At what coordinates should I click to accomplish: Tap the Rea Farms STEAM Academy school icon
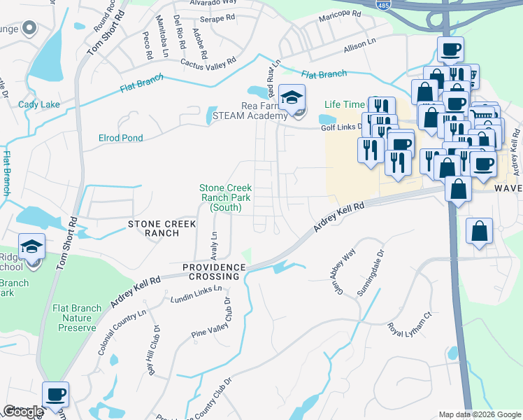(292, 99)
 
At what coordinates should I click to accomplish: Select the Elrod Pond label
(120, 138)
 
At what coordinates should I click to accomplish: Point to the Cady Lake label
(39, 105)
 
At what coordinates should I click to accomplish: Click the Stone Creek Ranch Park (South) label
(225, 197)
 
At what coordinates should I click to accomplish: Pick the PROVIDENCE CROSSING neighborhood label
(214, 272)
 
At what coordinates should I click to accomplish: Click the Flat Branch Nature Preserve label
(73, 317)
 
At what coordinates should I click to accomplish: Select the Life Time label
(344, 104)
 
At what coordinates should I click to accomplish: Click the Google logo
(22, 412)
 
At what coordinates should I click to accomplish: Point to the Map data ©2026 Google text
(479, 414)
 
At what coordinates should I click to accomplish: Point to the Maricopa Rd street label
(339, 15)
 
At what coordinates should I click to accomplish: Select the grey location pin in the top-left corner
(29, 29)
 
